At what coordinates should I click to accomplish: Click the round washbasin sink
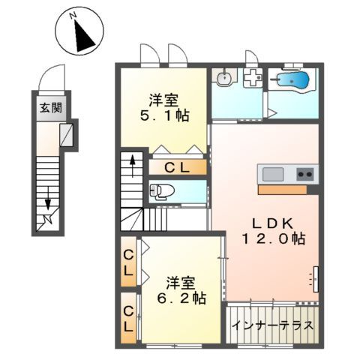(x=223, y=77)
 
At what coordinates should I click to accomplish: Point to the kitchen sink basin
(x=272, y=175)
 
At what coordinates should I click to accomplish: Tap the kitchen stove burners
(x=305, y=175)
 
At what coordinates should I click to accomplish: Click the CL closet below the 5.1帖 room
(x=175, y=166)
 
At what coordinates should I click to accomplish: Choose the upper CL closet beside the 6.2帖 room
(x=129, y=262)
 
